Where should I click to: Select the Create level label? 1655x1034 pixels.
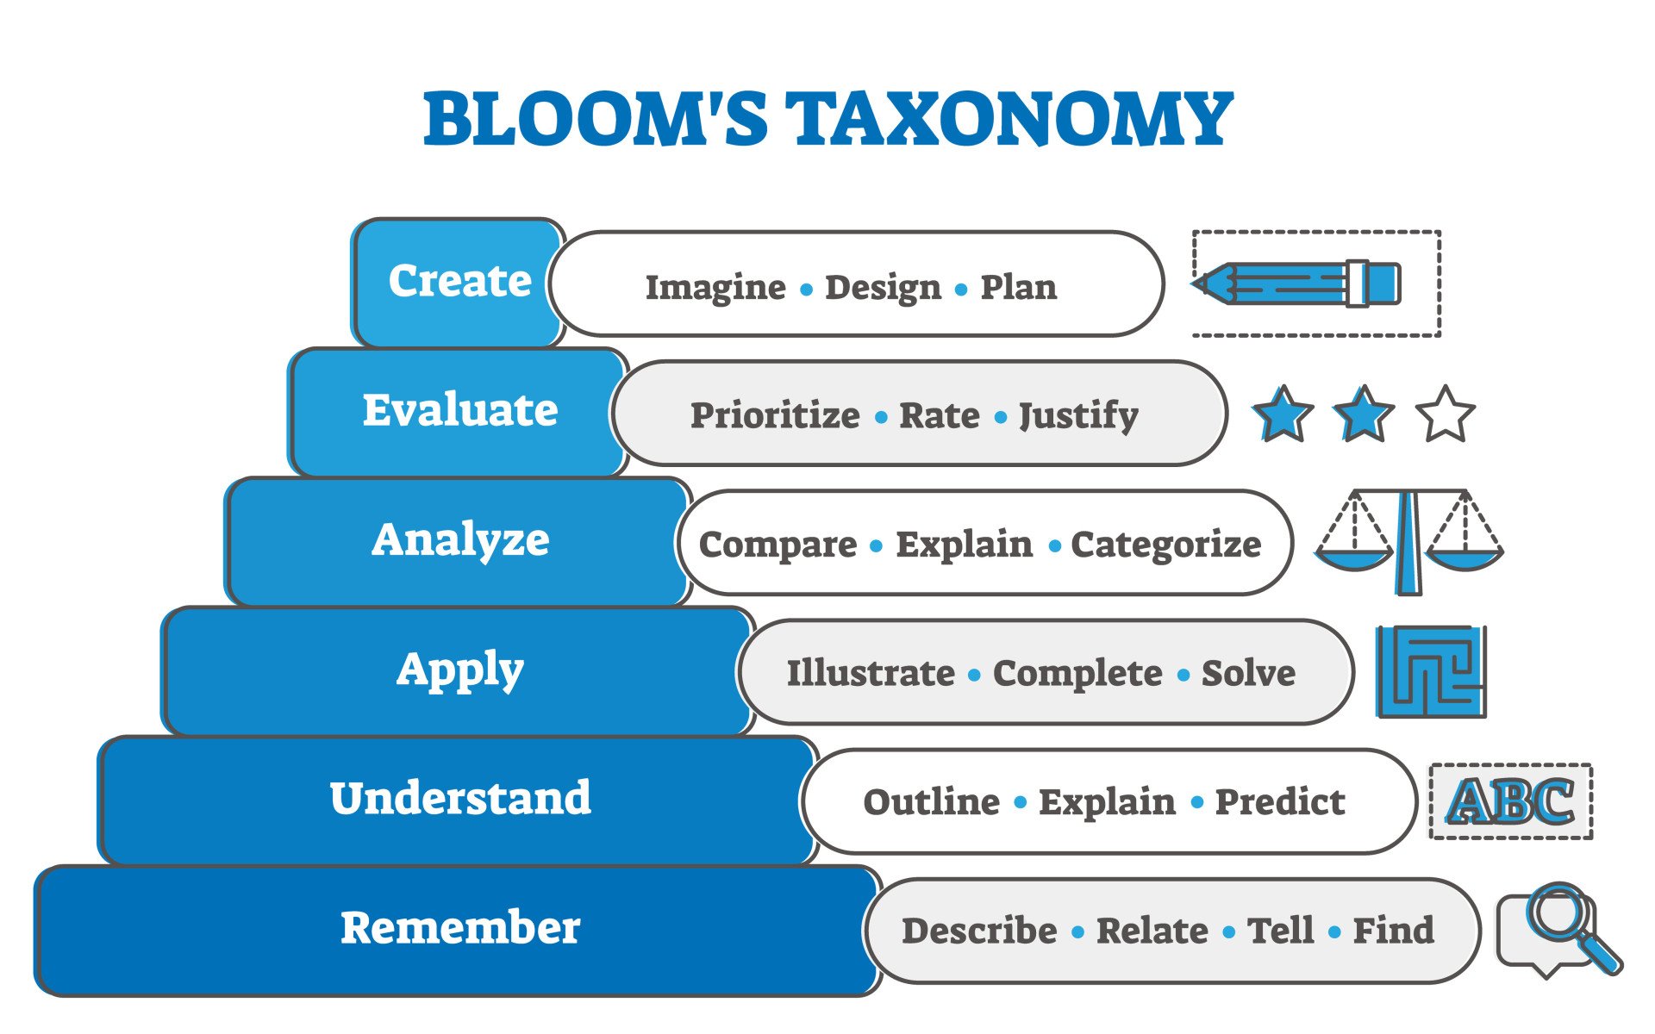(x=459, y=281)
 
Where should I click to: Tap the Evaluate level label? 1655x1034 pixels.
(x=459, y=410)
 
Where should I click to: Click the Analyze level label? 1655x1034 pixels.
(x=459, y=540)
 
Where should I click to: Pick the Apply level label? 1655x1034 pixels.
(x=459, y=670)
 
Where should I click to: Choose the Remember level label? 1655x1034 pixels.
(x=459, y=928)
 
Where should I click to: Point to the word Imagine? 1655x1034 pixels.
(x=715, y=287)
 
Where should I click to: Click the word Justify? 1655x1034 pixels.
(x=1077, y=416)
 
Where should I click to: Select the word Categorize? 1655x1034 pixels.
(x=1165, y=545)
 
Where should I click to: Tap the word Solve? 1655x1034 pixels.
(x=1247, y=673)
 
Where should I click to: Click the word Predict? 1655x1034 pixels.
(x=1279, y=802)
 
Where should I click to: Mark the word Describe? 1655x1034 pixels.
(x=979, y=931)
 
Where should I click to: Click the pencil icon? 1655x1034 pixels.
(x=1297, y=283)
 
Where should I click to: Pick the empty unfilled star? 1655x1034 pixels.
(x=1445, y=415)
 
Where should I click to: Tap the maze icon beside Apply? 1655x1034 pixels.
(x=1431, y=671)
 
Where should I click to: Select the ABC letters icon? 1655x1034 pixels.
(x=1510, y=801)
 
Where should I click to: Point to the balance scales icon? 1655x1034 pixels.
(x=1408, y=541)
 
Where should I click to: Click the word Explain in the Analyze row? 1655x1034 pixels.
(x=964, y=545)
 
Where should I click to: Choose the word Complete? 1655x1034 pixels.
(x=1077, y=673)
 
